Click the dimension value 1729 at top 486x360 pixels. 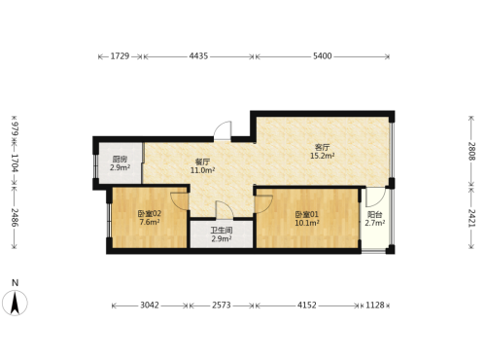point(120,56)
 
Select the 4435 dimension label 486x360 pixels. point(198,56)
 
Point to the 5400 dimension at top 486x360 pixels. point(323,56)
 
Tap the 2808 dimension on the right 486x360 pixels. point(471,152)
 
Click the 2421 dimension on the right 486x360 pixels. point(471,218)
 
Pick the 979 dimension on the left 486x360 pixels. point(15,129)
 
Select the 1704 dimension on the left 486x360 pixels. point(15,162)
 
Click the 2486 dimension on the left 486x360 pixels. point(15,217)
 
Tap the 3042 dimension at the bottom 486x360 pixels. point(150,306)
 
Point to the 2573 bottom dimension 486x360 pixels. point(222,306)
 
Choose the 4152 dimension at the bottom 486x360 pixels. point(307,306)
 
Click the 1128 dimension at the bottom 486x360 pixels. point(375,306)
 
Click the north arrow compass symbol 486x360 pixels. point(15,303)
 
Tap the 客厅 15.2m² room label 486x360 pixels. point(323,152)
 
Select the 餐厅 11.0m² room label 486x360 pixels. point(202,166)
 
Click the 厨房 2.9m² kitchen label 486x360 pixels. point(120,163)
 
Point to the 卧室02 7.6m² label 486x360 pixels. point(150,218)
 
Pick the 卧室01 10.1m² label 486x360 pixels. point(307,218)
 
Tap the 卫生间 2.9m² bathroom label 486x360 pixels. point(222,234)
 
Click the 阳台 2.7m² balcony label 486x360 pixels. point(375,219)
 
